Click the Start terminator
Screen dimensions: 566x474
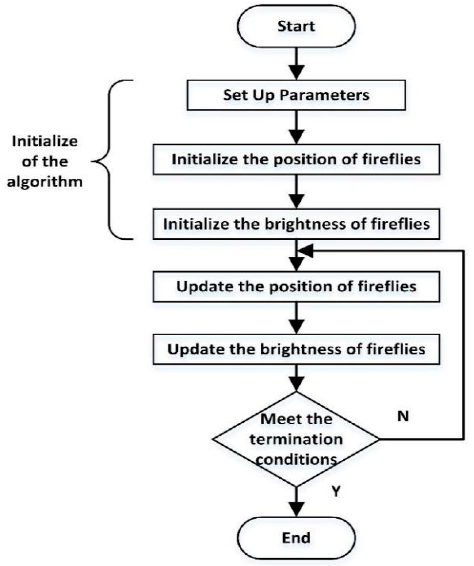tap(296, 26)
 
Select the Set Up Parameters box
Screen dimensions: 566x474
tap(296, 95)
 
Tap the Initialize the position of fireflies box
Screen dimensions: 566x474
tap(296, 159)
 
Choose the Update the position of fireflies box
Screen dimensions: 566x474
tap(296, 286)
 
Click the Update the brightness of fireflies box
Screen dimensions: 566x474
tap(296, 349)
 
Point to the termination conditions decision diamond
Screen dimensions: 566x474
tap(296, 439)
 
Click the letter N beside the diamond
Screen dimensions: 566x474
tap(403, 416)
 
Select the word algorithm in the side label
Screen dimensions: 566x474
tap(45, 182)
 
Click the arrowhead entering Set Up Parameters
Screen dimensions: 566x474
tap(296, 72)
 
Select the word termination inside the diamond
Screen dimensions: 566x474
tap(296, 440)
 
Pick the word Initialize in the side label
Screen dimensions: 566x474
tap(45, 141)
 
